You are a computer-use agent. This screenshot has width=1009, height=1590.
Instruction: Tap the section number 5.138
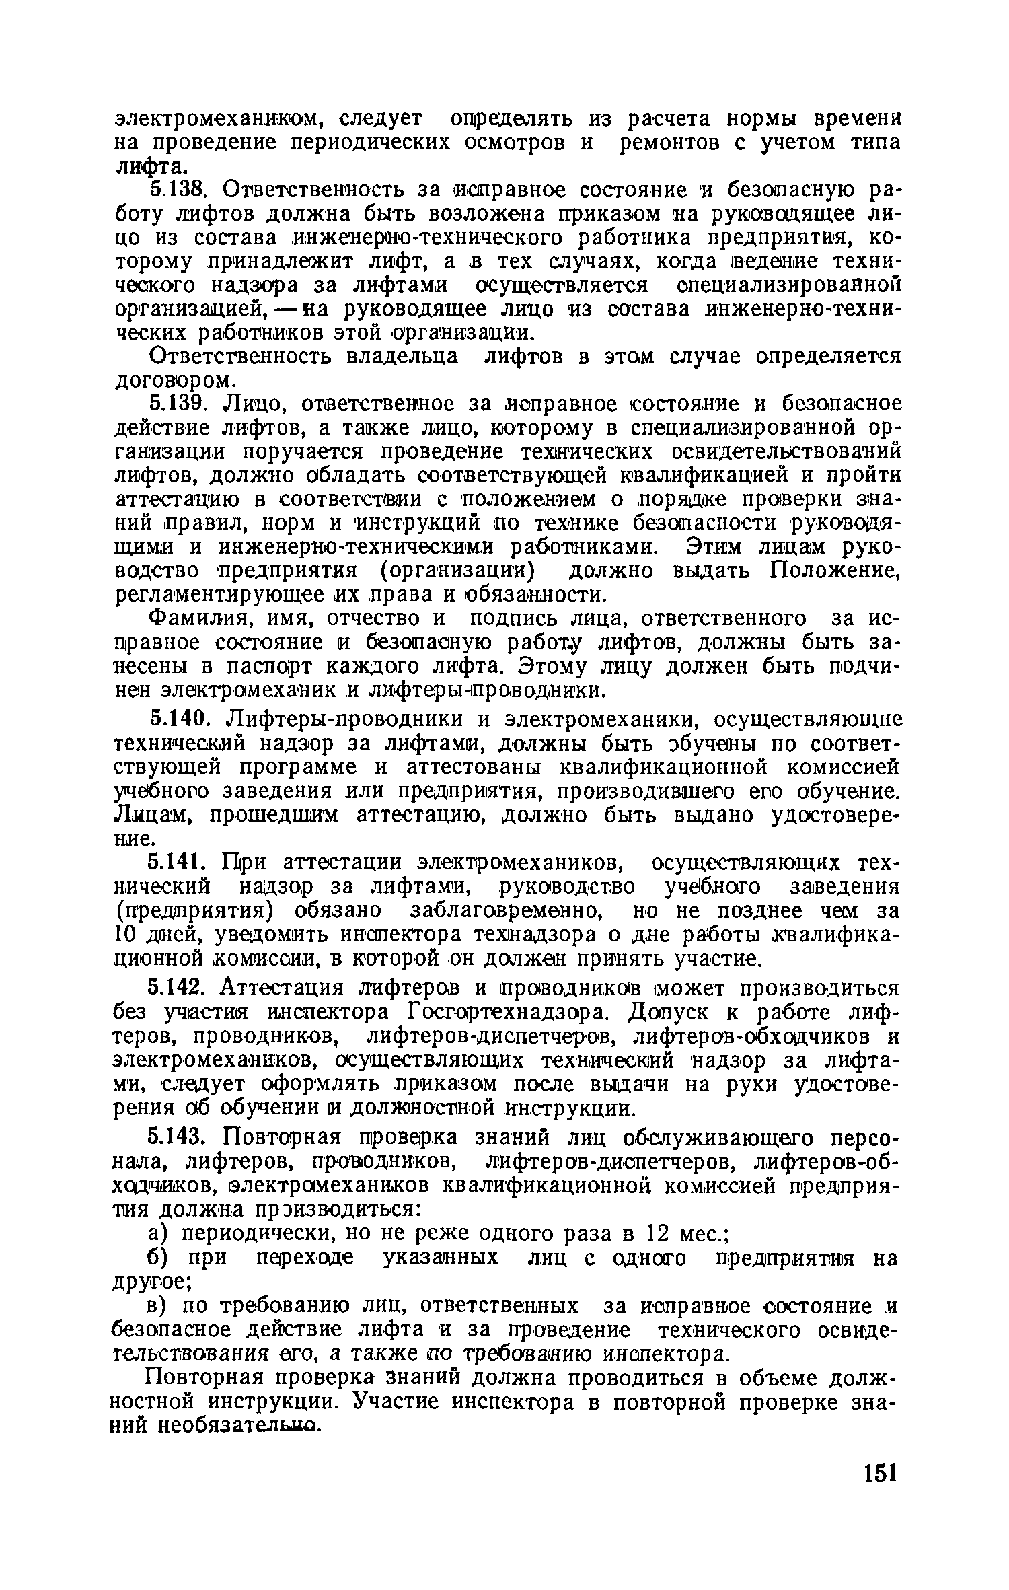pyautogui.click(x=180, y=190)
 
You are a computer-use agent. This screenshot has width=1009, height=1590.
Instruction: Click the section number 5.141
pyautogui.click(x=180, y=863)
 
